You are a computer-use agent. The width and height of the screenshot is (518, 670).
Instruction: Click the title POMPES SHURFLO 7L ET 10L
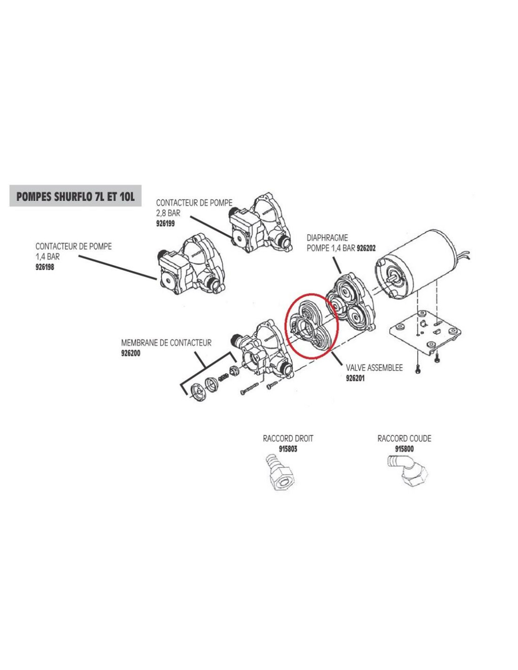(75, 196)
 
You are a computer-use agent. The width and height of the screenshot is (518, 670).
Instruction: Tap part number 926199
(165, 224)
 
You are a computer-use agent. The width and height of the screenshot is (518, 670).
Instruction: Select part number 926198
(45, 267)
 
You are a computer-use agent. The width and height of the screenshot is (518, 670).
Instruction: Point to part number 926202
(366, 248)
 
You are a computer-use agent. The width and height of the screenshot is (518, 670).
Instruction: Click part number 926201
(355, 378)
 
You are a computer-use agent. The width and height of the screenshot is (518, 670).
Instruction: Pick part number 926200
(131, 353)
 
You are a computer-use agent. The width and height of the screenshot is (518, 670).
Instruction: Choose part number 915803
(288, 449)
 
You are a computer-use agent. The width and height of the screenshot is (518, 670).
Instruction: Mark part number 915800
(404, 449)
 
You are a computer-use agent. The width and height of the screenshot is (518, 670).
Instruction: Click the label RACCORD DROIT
(288, 439)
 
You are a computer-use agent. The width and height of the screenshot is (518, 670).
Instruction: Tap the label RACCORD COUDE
(404, 439)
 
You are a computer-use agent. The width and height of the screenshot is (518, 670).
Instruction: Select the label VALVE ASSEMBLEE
(374, 368)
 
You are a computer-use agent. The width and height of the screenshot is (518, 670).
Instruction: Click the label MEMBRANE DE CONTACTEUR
(166, 343)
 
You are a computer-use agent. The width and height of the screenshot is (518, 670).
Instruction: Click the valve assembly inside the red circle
(310, 326)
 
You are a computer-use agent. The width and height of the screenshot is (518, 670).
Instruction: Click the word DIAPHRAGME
(327, 238)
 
